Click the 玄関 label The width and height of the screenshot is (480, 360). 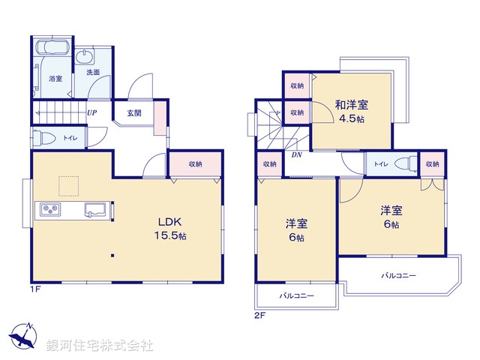(x=134, y=113)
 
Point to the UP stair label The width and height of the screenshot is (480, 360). (x=91, y=113)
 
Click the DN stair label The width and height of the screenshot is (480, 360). (x=296, y=155)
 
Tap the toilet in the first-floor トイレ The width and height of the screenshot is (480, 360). (x=44, y=138)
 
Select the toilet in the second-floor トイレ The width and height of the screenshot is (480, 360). (x=406, y=163)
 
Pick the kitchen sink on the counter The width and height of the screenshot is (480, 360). (x=95, y=209)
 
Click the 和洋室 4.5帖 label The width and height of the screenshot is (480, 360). (x=351, y=110)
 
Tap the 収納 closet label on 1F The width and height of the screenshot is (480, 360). (x=195, y=163)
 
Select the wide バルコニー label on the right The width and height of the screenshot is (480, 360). (x=398, y=276)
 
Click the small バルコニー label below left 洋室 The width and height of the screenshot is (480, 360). (x=297, y=295)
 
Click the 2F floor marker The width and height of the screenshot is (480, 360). (x=260, y=314)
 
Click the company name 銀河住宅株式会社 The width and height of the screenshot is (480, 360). (x=99, y=346)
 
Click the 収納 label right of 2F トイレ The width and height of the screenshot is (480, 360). (x=432, y=163)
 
